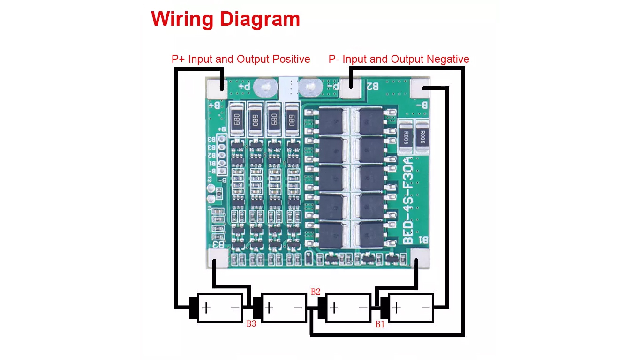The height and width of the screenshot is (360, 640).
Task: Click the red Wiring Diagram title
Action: click(x=226, y=19)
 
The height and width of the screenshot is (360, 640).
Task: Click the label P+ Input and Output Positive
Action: click(x=241, y=60)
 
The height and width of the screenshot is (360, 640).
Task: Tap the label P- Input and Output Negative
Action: click(x=399, y=60)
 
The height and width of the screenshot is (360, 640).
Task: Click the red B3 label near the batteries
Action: click(x=251, y=324)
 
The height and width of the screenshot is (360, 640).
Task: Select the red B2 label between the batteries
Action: click(x=316, y=292)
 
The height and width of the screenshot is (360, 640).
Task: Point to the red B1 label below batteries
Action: click(x=380, y=324)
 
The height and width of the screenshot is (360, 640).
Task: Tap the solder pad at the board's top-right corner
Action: click(x=420, y=87)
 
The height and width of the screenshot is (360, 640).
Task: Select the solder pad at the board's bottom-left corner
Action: click(x=217, y=258)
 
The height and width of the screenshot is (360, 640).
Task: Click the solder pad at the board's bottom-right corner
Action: click(x=420, y=258)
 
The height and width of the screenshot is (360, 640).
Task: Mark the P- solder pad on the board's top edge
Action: click(x=351, y=86)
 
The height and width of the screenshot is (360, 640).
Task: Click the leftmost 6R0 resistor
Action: click(x=237, y=118)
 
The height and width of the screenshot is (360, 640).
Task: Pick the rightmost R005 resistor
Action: click(x=422, y=136)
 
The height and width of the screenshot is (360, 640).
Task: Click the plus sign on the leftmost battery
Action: click(x=206, y=308)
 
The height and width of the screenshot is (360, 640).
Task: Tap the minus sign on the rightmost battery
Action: click(x=425, y=308)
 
